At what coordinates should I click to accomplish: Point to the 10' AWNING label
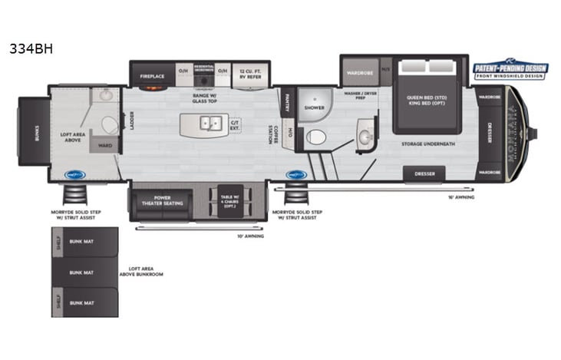[x=250, y=236]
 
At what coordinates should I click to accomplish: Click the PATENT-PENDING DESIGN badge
[x=510, y=70]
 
